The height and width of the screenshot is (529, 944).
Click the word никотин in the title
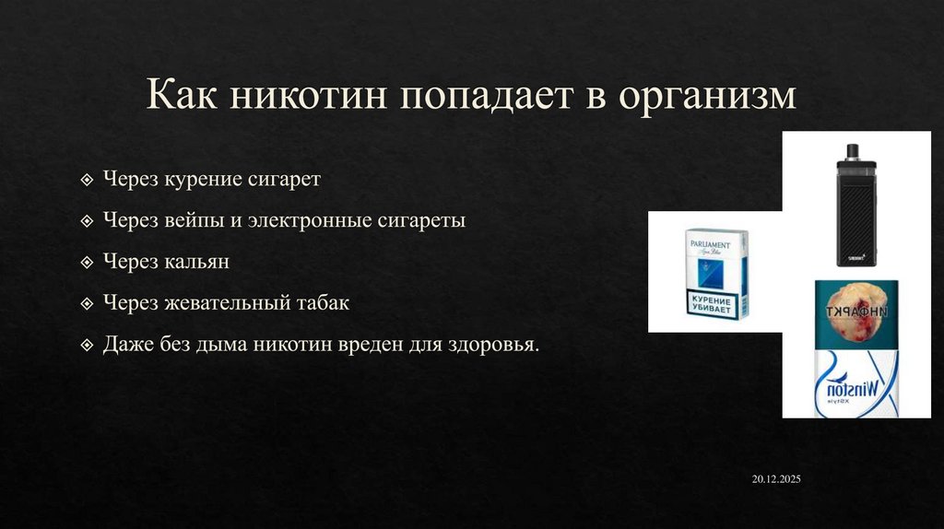(314, 96)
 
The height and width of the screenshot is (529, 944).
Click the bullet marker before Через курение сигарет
(87, 180)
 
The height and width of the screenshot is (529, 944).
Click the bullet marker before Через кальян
(87, 263)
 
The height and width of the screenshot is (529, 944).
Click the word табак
(324, 303)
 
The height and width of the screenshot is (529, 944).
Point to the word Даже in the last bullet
(126, 345)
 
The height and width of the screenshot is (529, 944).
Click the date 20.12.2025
(776, 480)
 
